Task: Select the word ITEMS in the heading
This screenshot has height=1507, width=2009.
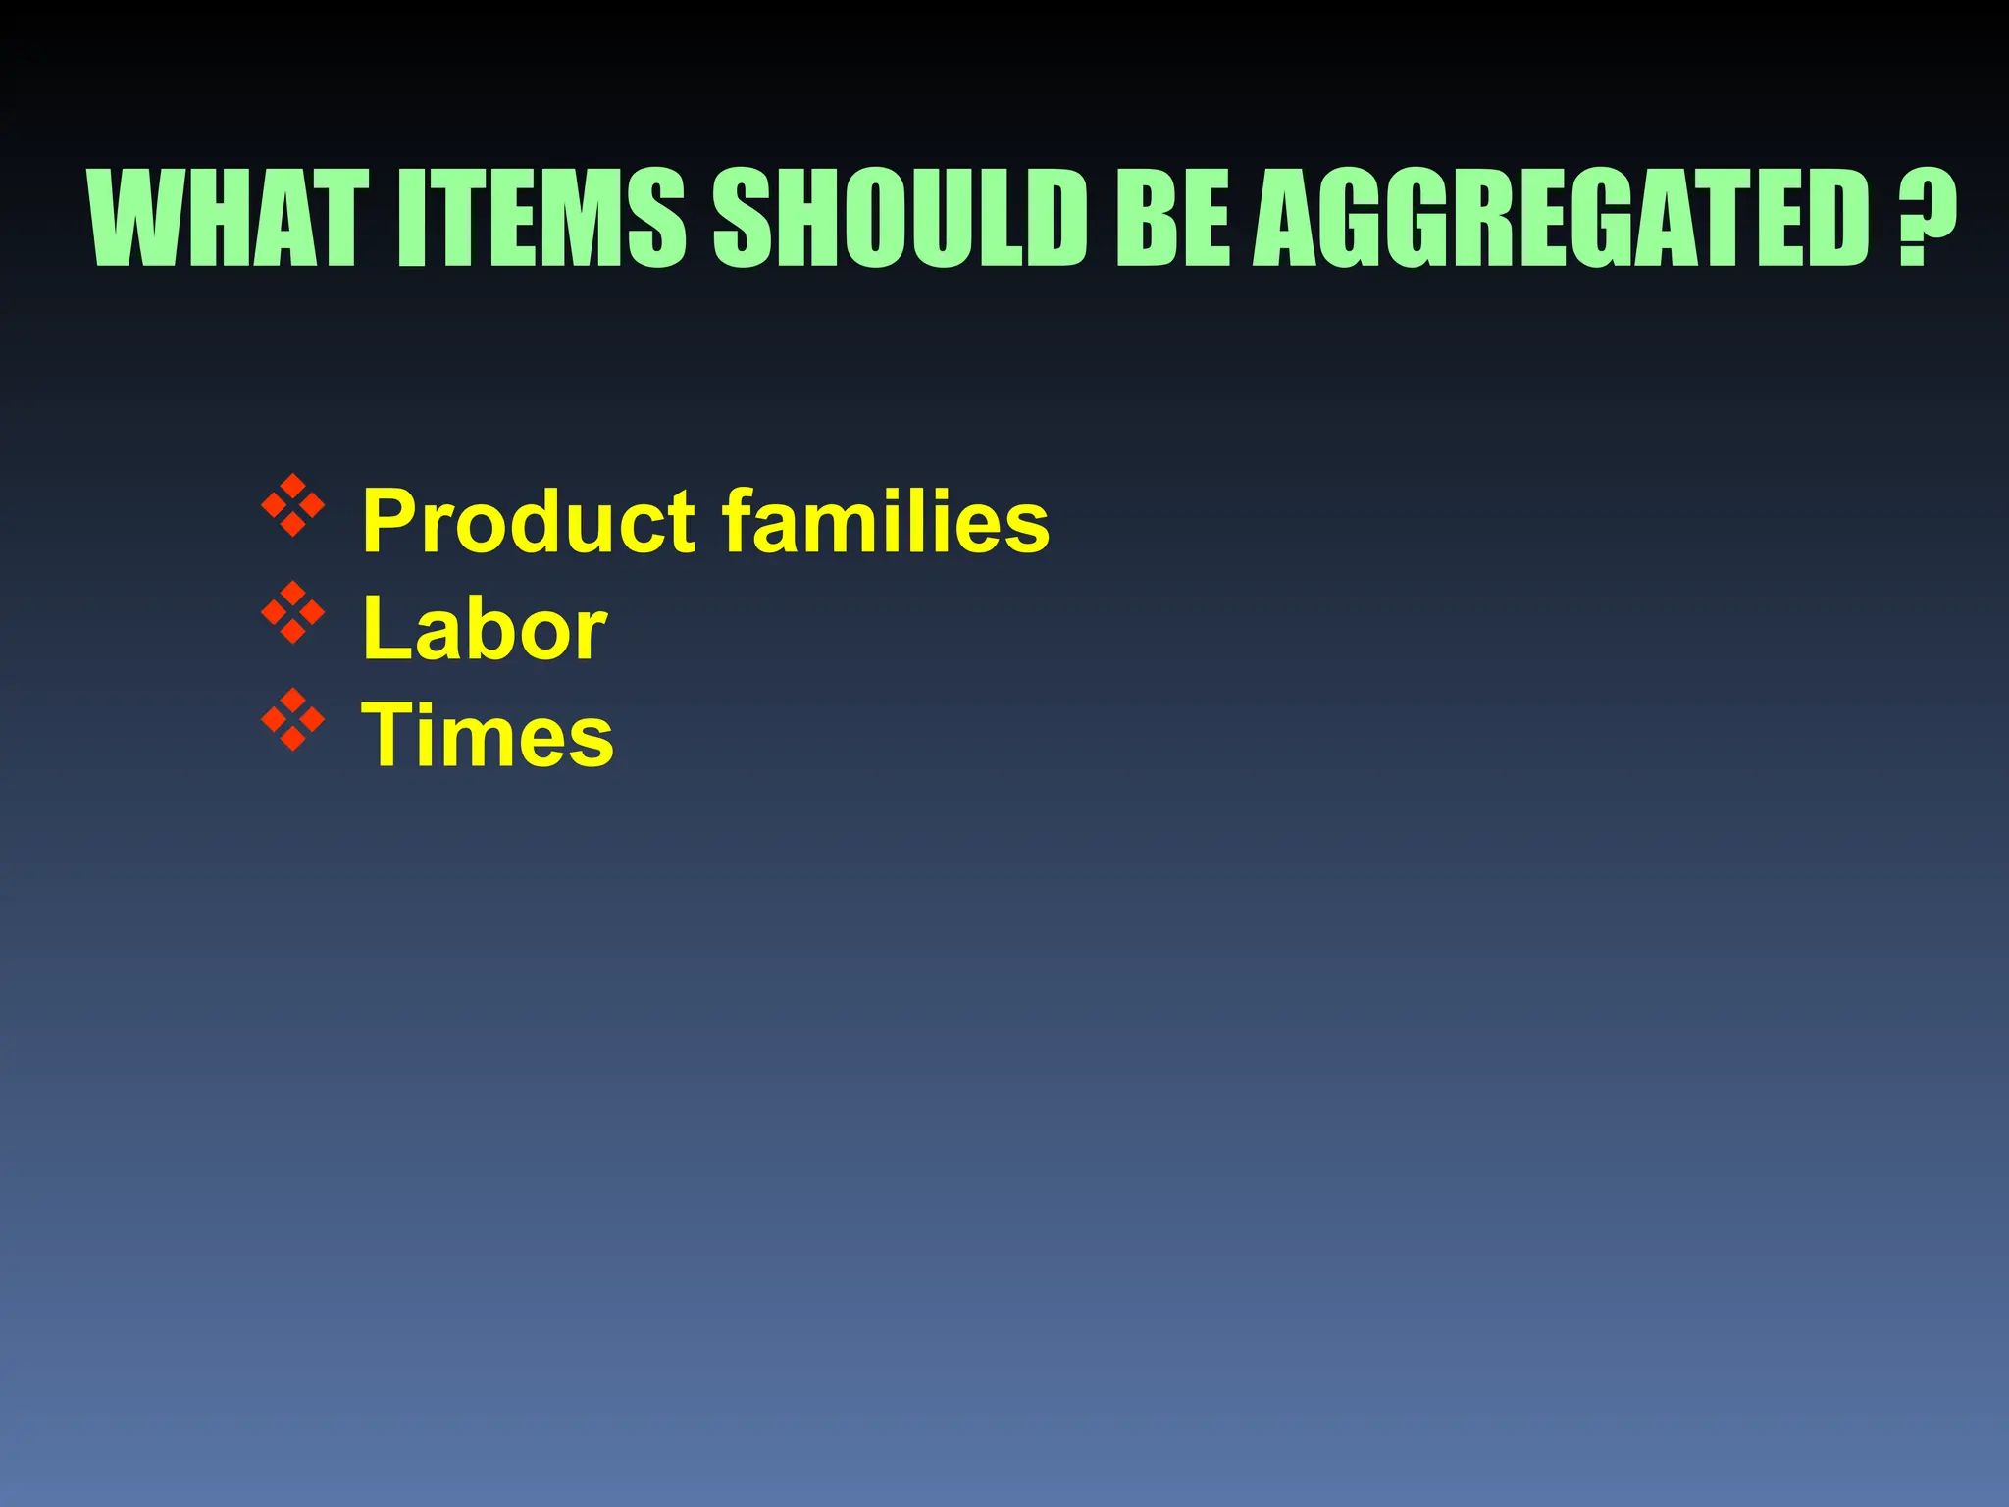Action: click(x=541, y=218)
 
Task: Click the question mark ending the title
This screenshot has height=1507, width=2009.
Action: click(x=1926, y=218)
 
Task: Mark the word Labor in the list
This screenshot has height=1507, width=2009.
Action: click(x=485, y=629)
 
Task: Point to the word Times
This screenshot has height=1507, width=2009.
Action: click(x=488, y=736)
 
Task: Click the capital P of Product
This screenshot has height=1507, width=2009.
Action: click(x=388, y=521)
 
